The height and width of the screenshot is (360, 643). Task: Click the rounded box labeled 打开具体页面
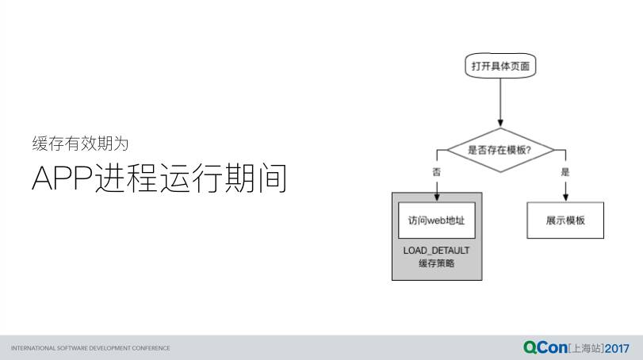pyautogui.click(x=499, y=67)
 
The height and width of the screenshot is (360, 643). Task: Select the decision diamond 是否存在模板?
pyautogui.click(x=499, y=149)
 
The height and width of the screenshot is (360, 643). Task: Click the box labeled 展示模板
pyautogui.click(x=565, y=220)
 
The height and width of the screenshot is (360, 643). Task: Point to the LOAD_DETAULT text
pyautogui.click(x=436, y=251)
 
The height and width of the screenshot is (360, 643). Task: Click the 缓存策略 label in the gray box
pyautogui.click(x=436, y=263)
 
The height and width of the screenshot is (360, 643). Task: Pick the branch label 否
pyautogui.click(x=436, y=171)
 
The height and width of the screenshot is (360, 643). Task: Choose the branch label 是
pyautogui.click(x=565, y=171)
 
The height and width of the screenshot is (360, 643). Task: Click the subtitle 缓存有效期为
pyautogui.click(x=80, y=144)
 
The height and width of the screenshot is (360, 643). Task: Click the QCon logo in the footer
pyautogui.click(x=546, y=347)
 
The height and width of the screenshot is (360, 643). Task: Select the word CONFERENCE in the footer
pyautogui.click(x=151, y=348)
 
